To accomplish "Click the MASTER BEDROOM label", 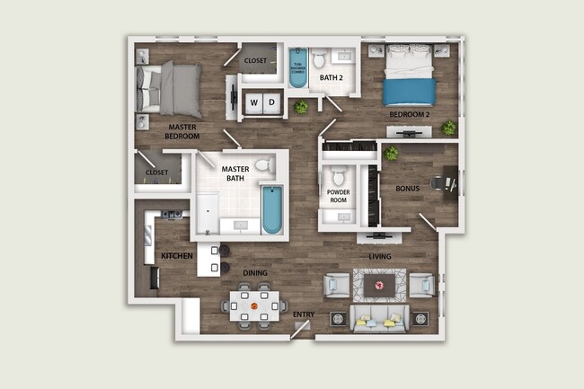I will point(182,132).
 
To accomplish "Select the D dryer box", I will point(270,102).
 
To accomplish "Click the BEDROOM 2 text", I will point(409,116).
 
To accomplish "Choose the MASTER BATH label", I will point(235,172).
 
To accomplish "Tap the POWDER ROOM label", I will point(339,197).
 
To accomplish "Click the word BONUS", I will point(409,188).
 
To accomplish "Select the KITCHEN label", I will point(177,256).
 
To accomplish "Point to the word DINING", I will point(256,272).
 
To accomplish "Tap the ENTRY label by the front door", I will point(303,314).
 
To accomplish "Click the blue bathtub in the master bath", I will point(271,208).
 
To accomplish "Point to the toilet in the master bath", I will point(263,165).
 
